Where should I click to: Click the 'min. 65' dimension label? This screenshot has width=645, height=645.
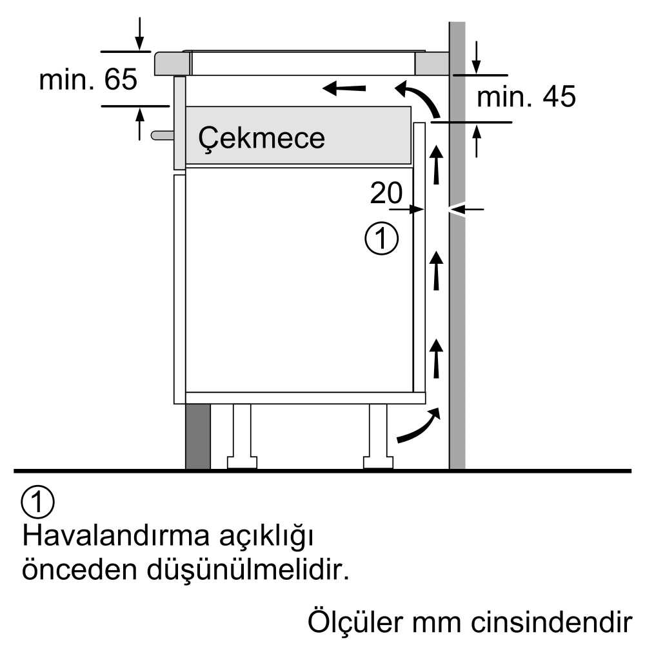88,79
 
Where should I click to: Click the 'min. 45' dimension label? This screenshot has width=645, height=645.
526,97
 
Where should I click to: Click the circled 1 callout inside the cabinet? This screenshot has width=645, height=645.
381,239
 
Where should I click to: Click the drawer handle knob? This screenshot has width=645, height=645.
162,135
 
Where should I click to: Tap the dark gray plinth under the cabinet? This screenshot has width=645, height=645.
198,436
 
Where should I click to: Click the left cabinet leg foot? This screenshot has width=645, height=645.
243,462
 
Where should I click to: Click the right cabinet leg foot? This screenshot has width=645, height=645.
378,462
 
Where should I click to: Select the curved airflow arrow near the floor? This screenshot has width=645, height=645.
419,426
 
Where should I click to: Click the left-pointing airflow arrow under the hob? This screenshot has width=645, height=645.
344,88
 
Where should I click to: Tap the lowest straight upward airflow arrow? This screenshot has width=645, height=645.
436,358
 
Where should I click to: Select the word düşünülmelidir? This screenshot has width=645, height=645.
248,570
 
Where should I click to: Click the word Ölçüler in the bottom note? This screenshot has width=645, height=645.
355,622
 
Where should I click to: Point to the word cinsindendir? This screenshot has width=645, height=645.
551,622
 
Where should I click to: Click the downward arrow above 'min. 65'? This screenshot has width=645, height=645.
140,34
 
